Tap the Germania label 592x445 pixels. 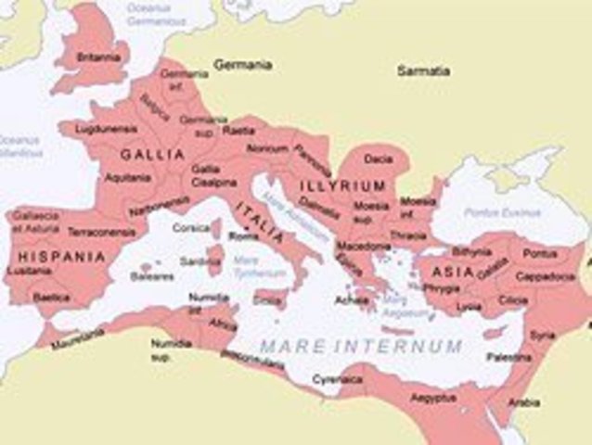coord(242,65)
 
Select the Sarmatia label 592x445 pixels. coord(423,70)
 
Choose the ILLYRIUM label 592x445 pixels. coord(341,186)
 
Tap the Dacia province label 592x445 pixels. coord(378,159)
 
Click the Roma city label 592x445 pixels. coord(243,236)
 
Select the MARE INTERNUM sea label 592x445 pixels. coord(360,346)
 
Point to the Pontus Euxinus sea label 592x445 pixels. coord(494,212)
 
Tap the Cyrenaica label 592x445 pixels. coord(337,378)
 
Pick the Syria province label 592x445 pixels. coord(542,335)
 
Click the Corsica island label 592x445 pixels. coord(191,227)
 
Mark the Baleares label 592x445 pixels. coord(151,275)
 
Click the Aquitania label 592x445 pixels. coord(128,176)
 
